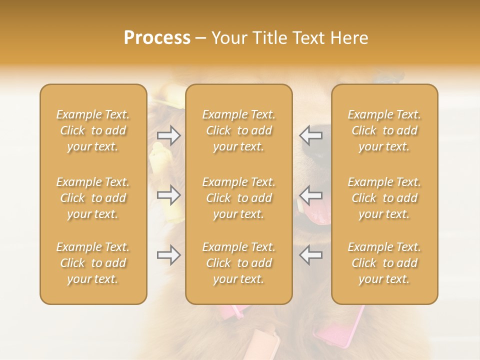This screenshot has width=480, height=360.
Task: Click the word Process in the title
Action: (157, 38)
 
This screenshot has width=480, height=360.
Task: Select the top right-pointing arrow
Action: (169, 135)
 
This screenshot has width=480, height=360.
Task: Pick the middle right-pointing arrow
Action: (169, 195)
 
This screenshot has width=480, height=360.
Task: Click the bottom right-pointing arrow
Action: (169, 255)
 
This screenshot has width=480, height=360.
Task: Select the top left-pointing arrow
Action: (311, 135)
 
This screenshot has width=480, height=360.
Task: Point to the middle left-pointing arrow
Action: (311, 195)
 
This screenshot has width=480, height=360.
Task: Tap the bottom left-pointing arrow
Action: (311, 255)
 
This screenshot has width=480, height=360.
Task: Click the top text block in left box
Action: (93, 130)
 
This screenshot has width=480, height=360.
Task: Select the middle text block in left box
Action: (93, 198)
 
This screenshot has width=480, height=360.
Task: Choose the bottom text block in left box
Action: (93, 263)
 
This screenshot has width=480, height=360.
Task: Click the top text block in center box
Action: (239, 130)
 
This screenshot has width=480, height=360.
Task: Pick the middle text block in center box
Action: (239, 198)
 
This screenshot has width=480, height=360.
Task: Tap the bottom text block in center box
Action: (239, 263)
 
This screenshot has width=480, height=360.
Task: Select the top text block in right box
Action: (384, 130)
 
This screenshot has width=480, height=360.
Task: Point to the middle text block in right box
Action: (384, 198)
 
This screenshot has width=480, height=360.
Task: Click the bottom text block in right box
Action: (384, 263)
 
